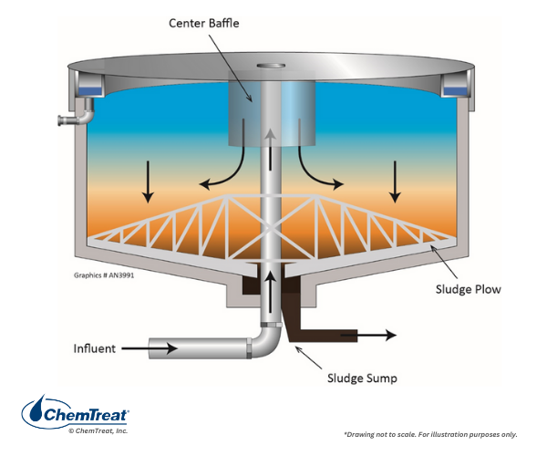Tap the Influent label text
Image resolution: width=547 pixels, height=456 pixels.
(96, 348)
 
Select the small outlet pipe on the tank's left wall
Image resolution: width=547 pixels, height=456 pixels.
(71, 119)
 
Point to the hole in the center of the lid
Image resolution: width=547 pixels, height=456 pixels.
(272, 66)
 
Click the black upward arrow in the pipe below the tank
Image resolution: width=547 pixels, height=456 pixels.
(272, 287)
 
